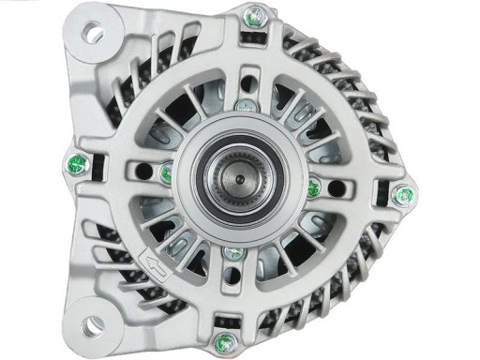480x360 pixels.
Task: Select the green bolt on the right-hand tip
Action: tap(407, 196)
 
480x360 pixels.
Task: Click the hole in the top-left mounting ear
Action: tap(93, 35)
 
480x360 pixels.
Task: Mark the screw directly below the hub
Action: tap(229, 253)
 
